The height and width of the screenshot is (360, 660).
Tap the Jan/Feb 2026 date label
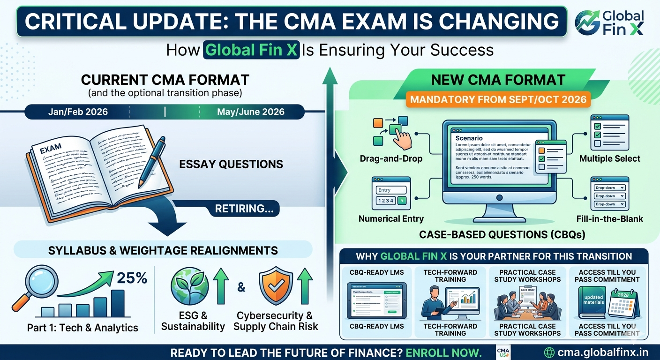(78, 112)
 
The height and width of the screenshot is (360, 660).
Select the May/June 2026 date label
(250, 112)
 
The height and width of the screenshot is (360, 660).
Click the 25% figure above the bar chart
(132, 278)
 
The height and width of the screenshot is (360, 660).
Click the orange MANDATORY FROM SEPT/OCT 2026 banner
(497, 100)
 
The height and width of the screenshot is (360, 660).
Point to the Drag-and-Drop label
(391, 159)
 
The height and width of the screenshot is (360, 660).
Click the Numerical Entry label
(391, 219)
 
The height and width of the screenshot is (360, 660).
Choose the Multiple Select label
(609, 159)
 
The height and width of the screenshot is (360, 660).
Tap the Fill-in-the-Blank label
(609, 219)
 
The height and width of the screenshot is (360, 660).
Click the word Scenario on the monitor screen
(469, 138)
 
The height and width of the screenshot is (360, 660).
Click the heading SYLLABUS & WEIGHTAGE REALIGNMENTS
(163, 250)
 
